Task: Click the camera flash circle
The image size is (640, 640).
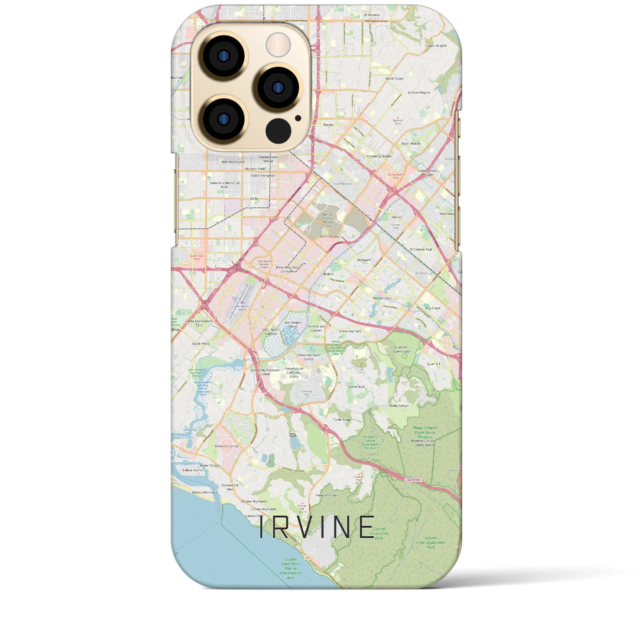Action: (x=278, y=45)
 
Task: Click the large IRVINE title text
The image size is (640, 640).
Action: (x=316, y=527)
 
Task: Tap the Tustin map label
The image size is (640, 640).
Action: (x=328, y=125)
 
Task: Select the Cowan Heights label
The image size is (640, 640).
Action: (x=435, y=46)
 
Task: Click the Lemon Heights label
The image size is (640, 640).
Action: (x=419, y=92)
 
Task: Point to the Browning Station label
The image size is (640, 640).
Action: (x=379, y=156)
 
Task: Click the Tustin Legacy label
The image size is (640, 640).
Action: (x=329, y=236)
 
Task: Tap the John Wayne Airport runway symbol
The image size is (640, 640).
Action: (x=237, y=303)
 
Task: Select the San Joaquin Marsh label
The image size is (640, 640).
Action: (x=293, y=324)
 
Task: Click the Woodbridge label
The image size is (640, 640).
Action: (x=382, y=298)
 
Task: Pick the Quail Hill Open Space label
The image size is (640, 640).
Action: (x=401, y=349)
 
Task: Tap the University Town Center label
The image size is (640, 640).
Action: (x=305, y=357)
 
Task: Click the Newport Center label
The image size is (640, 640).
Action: (x=226, y=446)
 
